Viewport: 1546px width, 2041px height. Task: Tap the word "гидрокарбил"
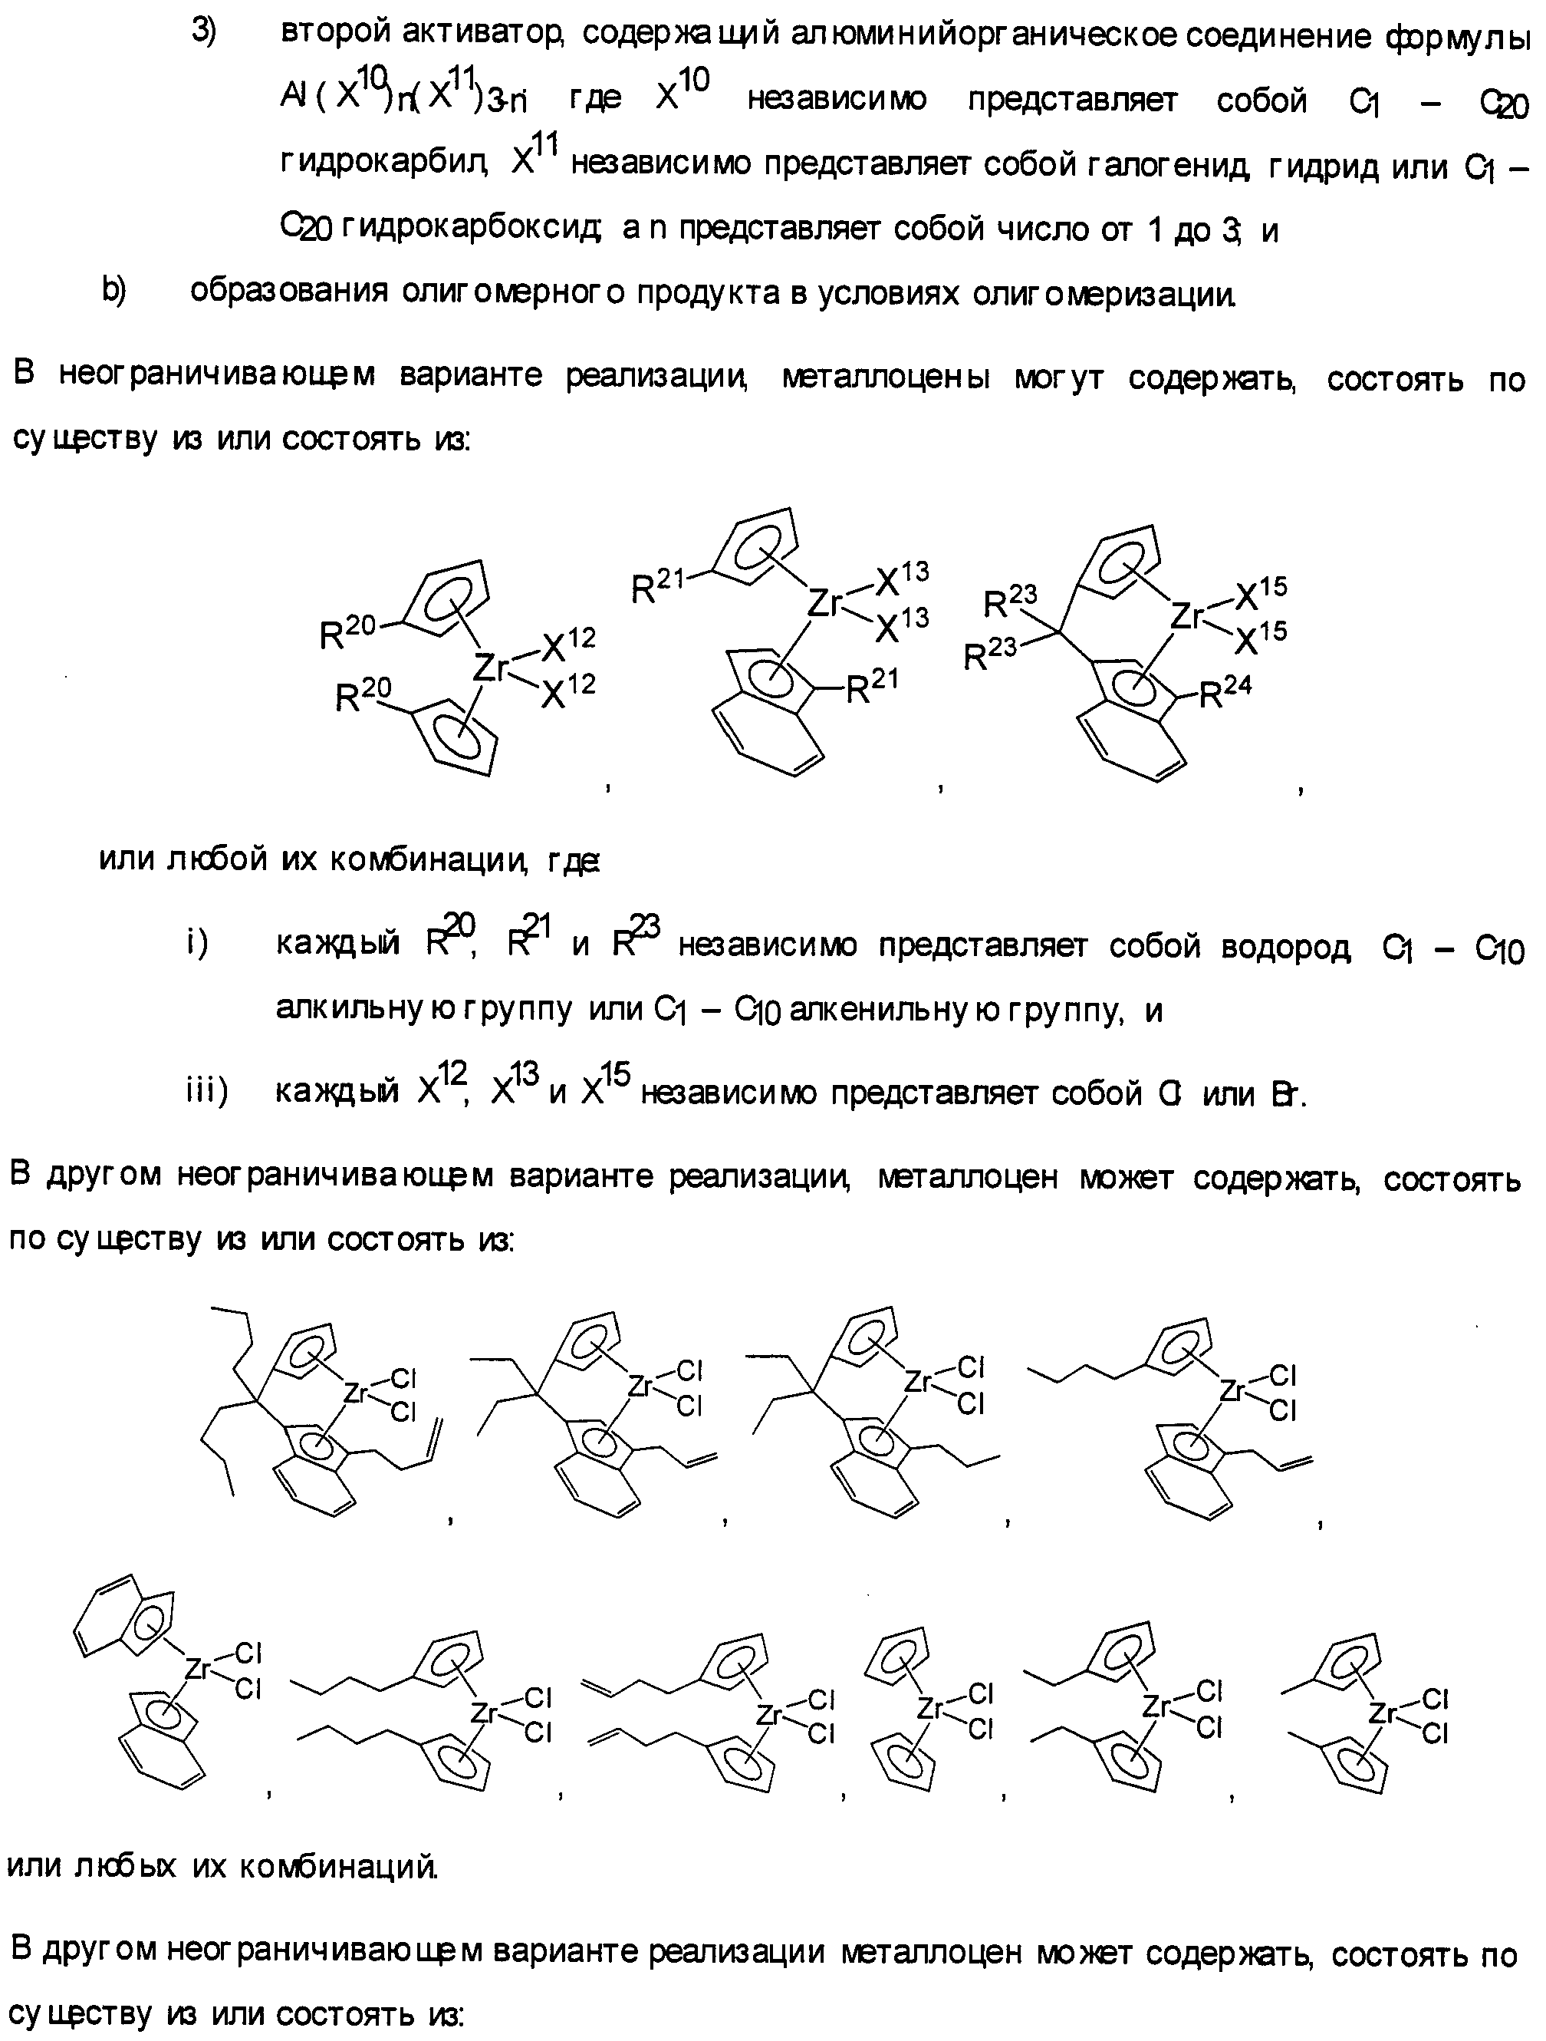[x=383, y=164]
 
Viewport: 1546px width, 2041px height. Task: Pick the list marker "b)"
[x=113, y=290]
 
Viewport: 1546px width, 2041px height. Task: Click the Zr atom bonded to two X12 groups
[x=490, y=666]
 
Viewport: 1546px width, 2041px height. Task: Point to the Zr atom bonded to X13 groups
[x=824, y=602]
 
